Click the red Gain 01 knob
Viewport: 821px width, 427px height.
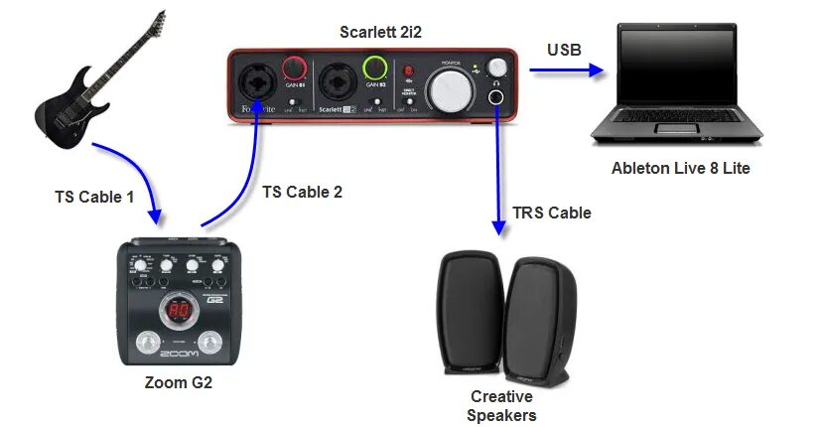(x=294, y=69)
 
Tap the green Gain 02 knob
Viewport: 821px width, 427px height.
(x=375, y=69)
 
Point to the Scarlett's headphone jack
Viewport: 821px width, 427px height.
(x=495, y=97)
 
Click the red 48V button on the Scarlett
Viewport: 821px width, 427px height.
(x=407, y=71)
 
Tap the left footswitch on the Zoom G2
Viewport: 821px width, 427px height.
(x=147, y=344)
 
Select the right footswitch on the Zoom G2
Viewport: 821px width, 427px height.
(x=211, y=344)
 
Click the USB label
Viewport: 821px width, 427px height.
(x=564, y=50)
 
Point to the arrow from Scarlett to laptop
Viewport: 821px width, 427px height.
(x=567, y=71)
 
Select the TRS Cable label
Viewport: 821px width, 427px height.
(x=551, y=213)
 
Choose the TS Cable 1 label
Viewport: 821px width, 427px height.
(x=93, y=197)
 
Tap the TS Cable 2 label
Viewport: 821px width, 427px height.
(x=302, y=192)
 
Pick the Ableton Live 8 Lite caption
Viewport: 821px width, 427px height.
(x=680, y=168)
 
